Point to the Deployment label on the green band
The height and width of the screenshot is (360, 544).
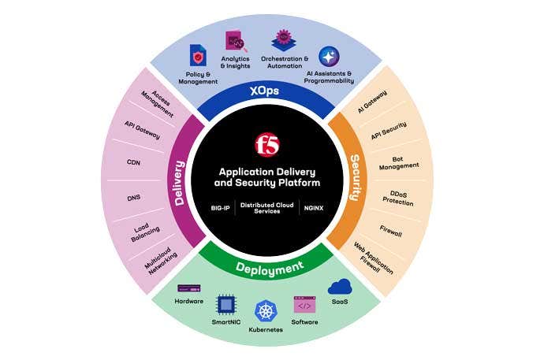point(270,267)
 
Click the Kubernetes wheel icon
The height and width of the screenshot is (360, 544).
point(265,310)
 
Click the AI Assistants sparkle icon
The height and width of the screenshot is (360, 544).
point(329,57)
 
